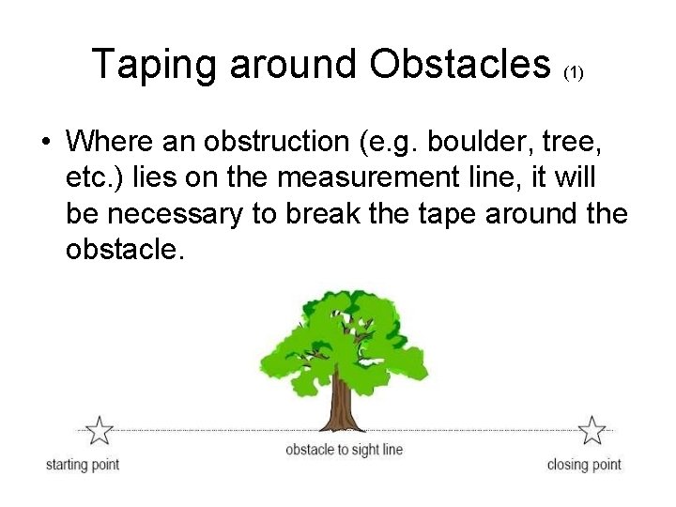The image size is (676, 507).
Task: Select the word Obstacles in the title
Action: [459, 64]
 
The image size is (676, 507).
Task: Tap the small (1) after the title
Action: [574, 72]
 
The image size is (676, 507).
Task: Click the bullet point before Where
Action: [46, 143]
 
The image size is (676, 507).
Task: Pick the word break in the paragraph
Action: [319, 215]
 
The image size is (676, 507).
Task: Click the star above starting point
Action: [99, 431]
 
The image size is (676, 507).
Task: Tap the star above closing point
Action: [591, 431]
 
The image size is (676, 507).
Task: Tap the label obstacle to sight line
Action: [344, 450]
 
